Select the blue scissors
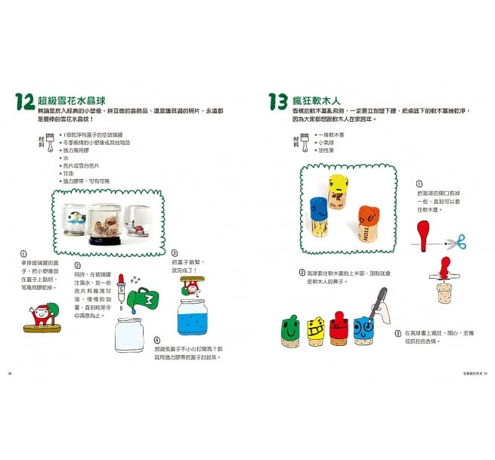[x=455, y=242]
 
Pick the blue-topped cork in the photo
[x=319, y=212]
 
